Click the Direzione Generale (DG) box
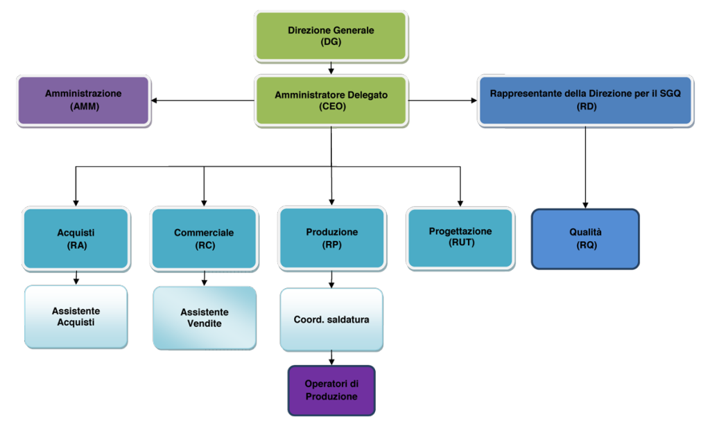click(331, 36)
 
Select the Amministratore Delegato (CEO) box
click(331, 100)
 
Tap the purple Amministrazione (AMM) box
click(84, 100)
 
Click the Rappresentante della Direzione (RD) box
click(585, 100)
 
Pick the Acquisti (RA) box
click(76, 239)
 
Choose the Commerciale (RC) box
click(205, 239)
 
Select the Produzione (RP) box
click(332, 238)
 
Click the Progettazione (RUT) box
click(460, 238)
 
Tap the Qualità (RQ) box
click(585, 239)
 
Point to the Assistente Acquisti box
click(76, 317)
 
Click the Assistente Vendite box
click(205, 318)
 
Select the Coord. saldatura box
click(331, 319)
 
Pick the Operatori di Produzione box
click(331, 390)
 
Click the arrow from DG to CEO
click(331, 68)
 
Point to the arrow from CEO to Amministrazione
click(203, 100)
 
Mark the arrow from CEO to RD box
click(443, 100)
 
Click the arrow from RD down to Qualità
click(585, 168)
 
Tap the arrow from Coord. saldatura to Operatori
click(331, 358)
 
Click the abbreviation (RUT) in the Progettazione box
click(461, 243)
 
